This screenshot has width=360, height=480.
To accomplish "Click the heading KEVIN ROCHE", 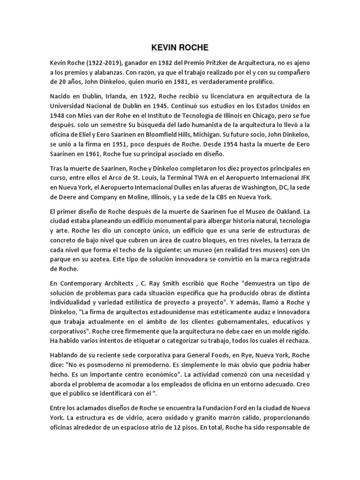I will click(x=180, y=48).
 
